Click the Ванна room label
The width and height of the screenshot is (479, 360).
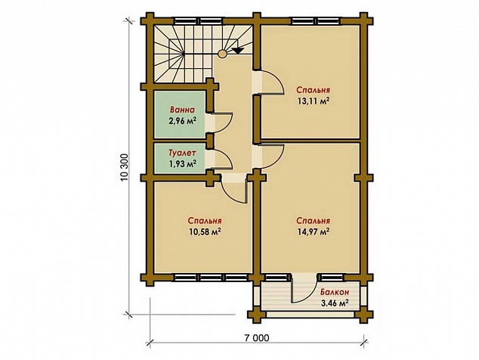[x=182, y=110]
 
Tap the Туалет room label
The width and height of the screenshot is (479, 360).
[x=182, y=153]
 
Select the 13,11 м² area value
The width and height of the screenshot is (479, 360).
[x=313, y=101]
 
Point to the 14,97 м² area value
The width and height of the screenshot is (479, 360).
[x=313, y=231]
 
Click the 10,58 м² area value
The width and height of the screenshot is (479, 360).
[x=205, y=231]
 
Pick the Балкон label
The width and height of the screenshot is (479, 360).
[x=335, y=292]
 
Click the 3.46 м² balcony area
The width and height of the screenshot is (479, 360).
[x=335, y=303]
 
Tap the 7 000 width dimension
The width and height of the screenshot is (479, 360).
[x=257, y=337]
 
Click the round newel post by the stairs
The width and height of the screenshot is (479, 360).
[x=222, y=54]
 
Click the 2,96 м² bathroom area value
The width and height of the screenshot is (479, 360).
[x=182, y=121]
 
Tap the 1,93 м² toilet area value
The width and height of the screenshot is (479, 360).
[x=182, y=163]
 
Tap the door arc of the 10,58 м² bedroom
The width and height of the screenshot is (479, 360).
[x=228, y=194]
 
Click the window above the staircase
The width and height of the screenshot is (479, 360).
[x=198, y=21]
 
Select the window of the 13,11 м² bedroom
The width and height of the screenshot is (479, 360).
[x=316, y=21]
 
